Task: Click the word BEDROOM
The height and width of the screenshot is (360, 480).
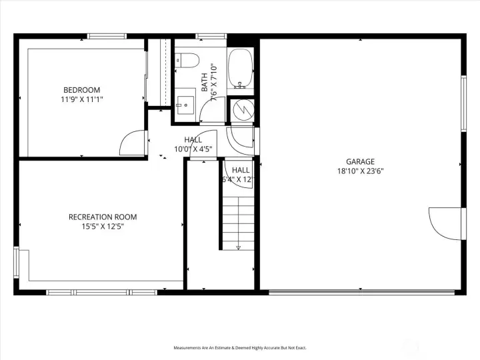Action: [x=81, y=90]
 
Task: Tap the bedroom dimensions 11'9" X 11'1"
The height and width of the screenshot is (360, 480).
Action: [x=81, y=99]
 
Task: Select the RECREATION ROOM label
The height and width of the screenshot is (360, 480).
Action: [x=103, y=217]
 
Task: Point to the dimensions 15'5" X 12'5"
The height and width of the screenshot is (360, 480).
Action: [x=103, y=227]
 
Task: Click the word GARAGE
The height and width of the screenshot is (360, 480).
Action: [x=360, y=161]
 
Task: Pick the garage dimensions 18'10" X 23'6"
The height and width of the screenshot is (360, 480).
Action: [x=360, y=171]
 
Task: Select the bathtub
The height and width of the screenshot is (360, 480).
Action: [x=240, y=69]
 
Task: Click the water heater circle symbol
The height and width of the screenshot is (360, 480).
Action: [x=241, y=110]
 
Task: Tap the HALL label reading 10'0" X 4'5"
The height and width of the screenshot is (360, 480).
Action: [x=193, y=145]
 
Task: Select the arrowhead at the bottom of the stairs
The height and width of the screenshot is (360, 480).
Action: [x=238, y=248]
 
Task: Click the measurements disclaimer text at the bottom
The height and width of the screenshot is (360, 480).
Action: [x=240, y=347]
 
